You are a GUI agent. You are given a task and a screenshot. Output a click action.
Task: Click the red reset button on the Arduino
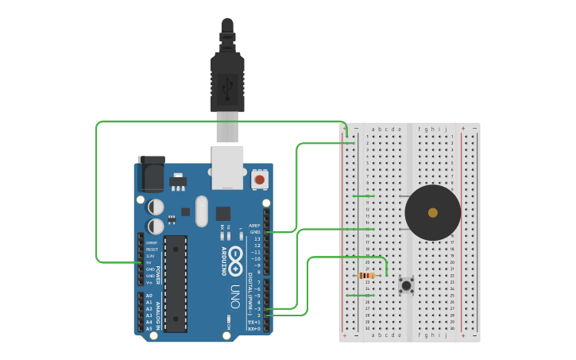click(260, 180)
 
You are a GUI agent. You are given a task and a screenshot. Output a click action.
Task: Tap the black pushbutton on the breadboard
click(407, 285)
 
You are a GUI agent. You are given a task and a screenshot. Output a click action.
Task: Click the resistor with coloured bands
click(366, 276)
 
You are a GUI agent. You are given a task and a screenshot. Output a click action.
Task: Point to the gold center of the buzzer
click(432, 212)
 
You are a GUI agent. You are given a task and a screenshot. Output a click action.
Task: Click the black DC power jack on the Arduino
click(151, 173)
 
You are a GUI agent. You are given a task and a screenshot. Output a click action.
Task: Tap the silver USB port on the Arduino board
click(227, 166)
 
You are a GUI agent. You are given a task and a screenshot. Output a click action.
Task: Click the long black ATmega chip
click(176, 283)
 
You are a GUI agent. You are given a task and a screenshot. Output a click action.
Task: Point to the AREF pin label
click(254, 225)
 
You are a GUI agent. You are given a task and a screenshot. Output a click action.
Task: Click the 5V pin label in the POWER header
click(150, 263)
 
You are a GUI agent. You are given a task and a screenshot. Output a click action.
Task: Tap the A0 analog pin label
click(149, 296)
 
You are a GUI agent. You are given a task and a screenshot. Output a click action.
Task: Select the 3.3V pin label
click(150, 256)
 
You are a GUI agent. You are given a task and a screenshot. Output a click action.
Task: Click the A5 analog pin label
click(149, 328)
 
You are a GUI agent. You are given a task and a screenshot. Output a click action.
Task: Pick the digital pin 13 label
click(257, 238)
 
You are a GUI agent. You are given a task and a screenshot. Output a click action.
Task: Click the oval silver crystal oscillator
click(201, 211)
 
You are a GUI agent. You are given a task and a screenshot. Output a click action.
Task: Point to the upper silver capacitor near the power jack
click(157, 207)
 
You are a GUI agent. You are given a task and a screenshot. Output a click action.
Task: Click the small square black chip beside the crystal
click(222, 213)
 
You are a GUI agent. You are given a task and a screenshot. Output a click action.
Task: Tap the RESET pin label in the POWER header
click(151, 250)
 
